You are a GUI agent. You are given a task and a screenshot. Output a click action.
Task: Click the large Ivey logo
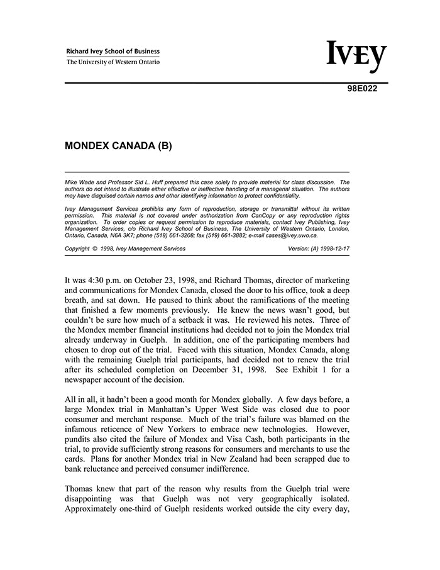click(x=356, y=57)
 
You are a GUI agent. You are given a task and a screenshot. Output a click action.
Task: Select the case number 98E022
click(x=362, y=89)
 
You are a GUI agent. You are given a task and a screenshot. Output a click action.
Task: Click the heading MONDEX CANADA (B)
click(x=118, y=146)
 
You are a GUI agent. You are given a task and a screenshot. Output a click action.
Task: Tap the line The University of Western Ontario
click(x=113, y=62)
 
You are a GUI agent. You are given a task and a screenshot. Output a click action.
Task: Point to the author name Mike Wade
click(x=79, y=182)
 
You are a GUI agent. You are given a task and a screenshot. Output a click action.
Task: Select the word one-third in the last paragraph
click(x=145, y=508)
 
